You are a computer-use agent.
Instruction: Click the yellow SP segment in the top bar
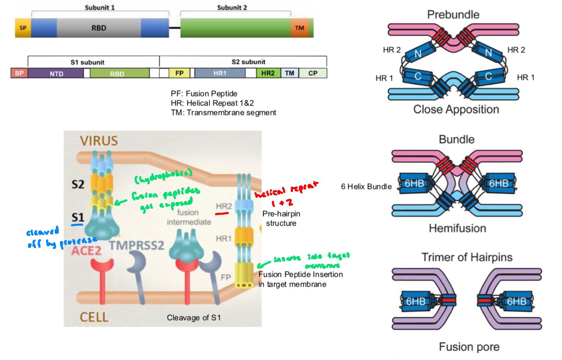(23, 28)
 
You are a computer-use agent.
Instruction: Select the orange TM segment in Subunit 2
(300, 28)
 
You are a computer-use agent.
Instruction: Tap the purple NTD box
(56, 74)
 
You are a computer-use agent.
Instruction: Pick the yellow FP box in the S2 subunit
(179, 73)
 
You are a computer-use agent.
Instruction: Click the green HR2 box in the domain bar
(268, 73)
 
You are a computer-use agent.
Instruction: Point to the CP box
(313, 73)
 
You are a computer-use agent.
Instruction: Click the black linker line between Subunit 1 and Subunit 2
(174, 28)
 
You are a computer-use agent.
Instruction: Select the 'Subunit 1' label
(100, 7)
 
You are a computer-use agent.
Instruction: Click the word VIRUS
(99, 141)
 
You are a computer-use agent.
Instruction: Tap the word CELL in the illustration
(94, 317)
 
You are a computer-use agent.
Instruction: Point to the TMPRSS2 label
(136, 245)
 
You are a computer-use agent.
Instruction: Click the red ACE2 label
(86, 251)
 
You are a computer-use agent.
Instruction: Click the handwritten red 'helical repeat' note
(286, 190)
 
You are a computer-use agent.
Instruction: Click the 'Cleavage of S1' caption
(194, 317)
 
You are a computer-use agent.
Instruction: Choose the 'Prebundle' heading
(453, 15)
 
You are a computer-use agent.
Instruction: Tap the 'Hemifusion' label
(457, 228)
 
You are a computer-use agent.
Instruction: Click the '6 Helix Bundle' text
(366, 187)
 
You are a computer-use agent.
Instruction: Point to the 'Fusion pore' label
(469, 347)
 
